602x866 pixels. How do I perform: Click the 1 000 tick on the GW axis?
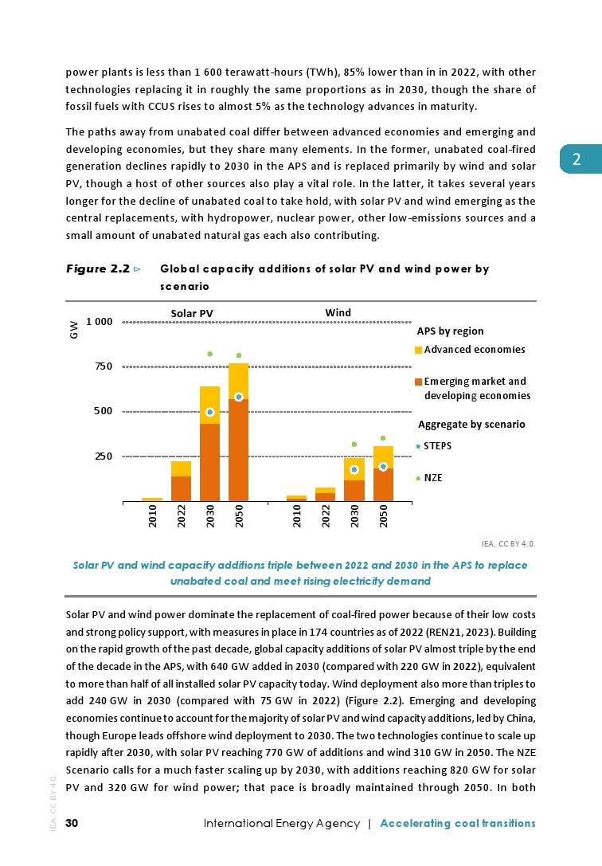coord(100,321)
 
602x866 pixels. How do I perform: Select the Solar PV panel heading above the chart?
coord(192,312)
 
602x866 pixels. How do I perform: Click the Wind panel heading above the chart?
coord(338,312)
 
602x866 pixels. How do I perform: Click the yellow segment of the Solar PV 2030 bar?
coord(209,404)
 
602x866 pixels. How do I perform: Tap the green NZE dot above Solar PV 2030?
coord(209,354)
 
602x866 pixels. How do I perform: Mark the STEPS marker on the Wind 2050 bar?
coord(383,467)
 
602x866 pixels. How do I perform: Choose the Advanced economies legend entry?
coord(474,350)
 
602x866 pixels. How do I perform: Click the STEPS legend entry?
coord(437,445)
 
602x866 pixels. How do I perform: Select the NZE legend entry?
coord(433,478)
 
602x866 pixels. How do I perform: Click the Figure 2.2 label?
coord(98,269)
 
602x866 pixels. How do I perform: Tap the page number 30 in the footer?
coord(72,823)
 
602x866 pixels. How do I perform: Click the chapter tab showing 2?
coord(579,159)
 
